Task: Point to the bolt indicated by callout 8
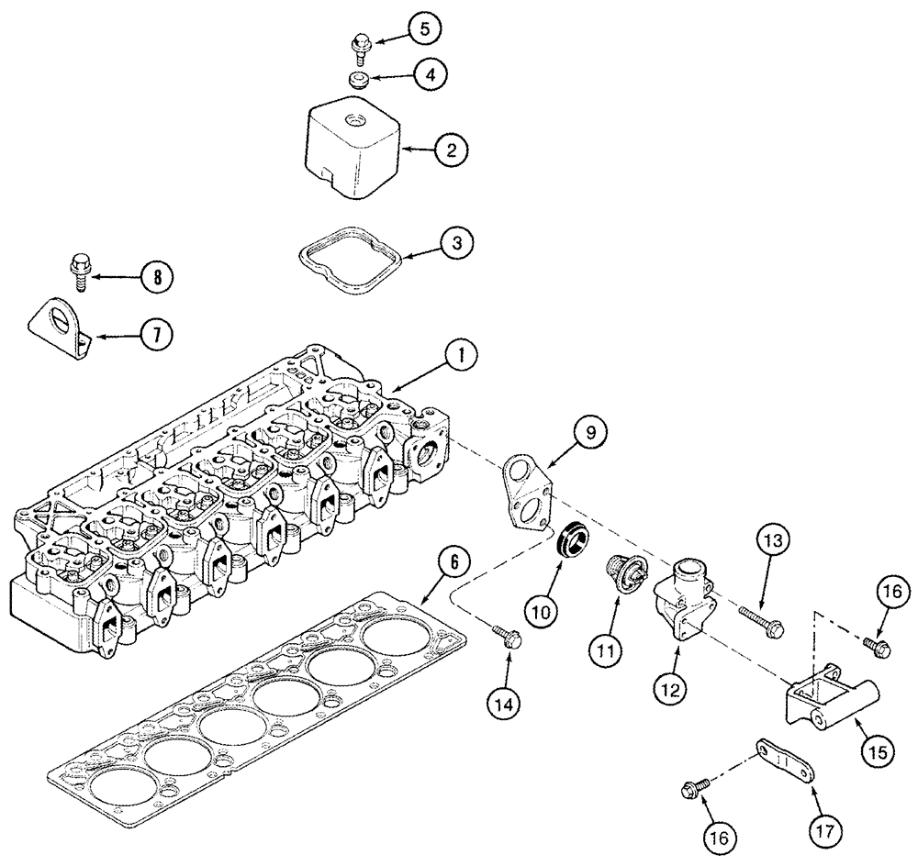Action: pyautogui.click(x=77, y=272)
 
